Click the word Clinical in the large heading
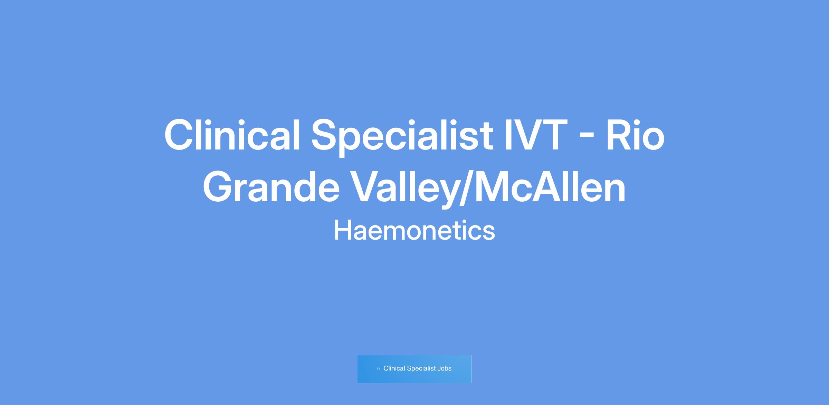point(232,135)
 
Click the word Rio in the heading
point(635,135)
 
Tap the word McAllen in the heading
point(550,187)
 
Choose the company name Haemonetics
point(414,231)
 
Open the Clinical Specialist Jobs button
point(414,369)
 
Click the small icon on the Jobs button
point(379,369)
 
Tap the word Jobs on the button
point(444,368)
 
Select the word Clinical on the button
point(394,368)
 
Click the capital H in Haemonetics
point(342,231)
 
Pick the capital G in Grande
point(218,187)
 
